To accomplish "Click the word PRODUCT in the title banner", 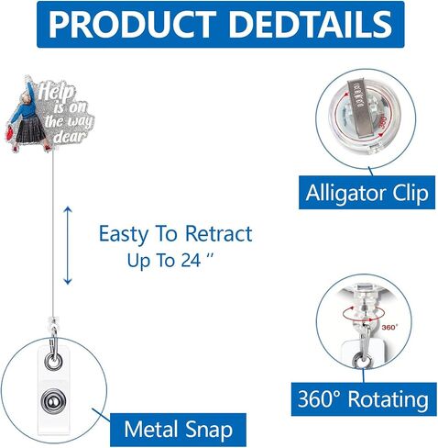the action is tap(132, 24).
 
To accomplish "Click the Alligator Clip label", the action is tap(367, 193).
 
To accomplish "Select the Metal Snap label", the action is tap(179, 430).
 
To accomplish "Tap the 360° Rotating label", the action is tap(364, 399).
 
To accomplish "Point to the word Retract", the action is tap(218, 233).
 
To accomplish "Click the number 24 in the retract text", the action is tap(191, 261).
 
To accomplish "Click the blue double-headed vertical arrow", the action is tap(68, 246).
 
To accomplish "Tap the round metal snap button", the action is tap(54, 400).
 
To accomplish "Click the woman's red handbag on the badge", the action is tap(10, 133).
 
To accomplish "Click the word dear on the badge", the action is tap(70, 137).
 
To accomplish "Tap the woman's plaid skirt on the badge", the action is tap(30, 130).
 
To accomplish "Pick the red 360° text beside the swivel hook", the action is tap(389, 328).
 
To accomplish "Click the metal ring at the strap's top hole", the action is tap(53, 361).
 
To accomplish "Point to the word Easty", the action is tap(123, 234).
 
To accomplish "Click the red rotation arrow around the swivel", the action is tap(364, 313).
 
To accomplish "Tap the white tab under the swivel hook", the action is tap(362, 352).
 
